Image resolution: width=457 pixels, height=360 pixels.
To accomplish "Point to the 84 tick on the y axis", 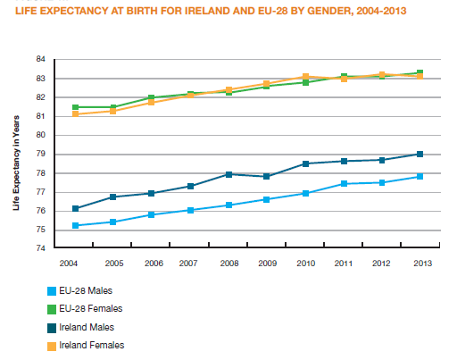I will coord(42,60).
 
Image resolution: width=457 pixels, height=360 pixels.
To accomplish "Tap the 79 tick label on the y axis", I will coord(42,154).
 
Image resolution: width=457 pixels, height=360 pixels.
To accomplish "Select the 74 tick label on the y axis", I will coord(42,248).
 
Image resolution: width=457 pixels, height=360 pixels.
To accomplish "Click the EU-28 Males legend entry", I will coord(84,290).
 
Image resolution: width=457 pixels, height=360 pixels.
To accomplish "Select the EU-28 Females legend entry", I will coord(88,308).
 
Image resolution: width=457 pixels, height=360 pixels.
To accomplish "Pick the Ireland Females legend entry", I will coord(90,345).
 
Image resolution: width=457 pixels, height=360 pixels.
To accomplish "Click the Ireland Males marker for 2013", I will coord(419,155).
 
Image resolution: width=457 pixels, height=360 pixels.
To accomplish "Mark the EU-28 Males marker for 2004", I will coord(76,225).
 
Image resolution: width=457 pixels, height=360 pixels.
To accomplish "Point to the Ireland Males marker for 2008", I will coord(228,174).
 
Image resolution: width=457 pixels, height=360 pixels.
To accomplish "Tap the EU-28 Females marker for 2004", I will coord(76,107).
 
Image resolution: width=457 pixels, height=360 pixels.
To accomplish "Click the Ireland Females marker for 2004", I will coord(76,113).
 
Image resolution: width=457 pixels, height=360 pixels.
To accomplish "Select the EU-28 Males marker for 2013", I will coord(419,176).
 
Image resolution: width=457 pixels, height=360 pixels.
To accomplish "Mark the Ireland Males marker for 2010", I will coord(304,163).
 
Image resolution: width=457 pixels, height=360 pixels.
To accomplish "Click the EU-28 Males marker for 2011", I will coord(343,184).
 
